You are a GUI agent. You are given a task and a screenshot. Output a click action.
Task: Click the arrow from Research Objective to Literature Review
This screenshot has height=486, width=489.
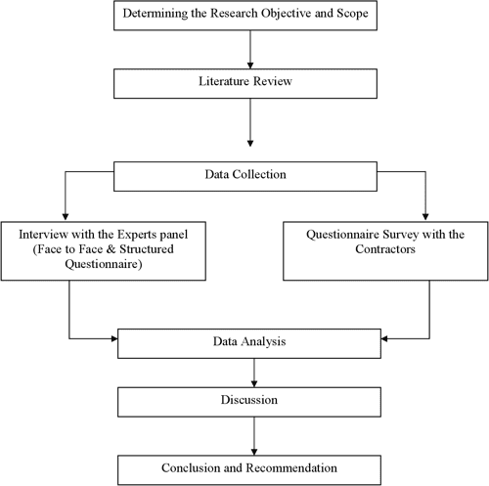tap(253, 49)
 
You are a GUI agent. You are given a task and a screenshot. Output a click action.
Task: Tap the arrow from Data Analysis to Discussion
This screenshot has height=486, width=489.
tap(253, 372)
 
